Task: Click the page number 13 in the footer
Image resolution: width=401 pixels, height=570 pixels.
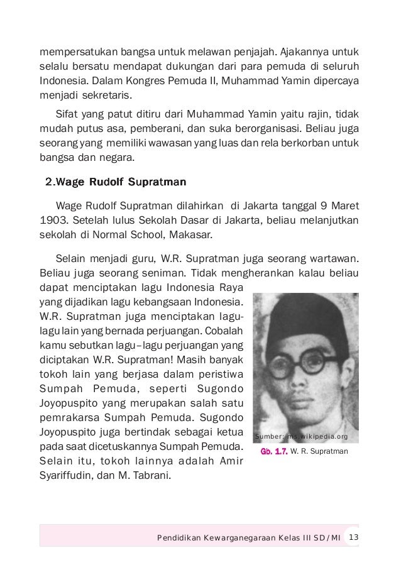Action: [x=353, y=537]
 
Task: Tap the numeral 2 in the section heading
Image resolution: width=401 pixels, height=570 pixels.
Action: [x=50, y=183]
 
